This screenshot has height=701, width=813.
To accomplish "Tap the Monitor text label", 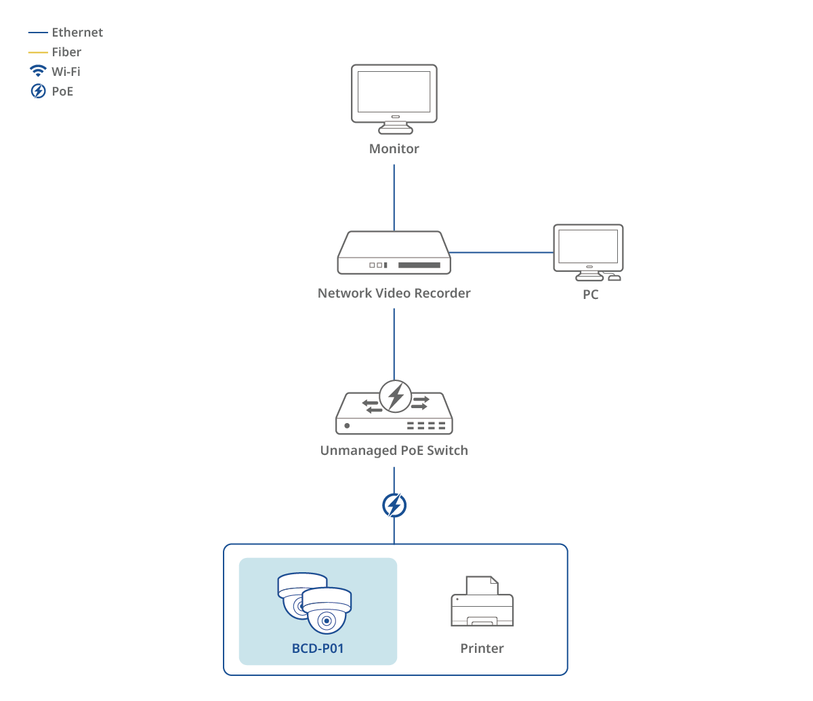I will click(394, 148).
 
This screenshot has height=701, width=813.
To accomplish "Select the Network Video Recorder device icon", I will click(394, 254).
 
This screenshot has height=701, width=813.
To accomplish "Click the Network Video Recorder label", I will click(394, 294).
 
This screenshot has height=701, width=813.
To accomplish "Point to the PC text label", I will click(591, 295).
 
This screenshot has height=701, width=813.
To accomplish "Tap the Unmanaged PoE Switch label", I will click(394, 451).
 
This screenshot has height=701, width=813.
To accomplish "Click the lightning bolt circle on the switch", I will click(396, 397).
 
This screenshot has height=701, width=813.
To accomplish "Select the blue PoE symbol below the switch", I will click(394, 506).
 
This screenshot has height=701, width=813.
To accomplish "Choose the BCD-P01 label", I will click(318, 649).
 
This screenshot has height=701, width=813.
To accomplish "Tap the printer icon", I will click(482, 602).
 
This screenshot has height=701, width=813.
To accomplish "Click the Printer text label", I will click(482, 649).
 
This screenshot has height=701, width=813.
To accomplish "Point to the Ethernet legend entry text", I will click(77, 33).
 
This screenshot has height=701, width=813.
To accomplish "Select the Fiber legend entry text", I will click(66, 52).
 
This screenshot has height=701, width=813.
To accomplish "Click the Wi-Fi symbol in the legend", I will click(38, 71).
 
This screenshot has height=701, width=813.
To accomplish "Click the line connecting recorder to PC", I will click(501, 252).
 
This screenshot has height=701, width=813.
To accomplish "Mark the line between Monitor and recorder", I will click(394, 197).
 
